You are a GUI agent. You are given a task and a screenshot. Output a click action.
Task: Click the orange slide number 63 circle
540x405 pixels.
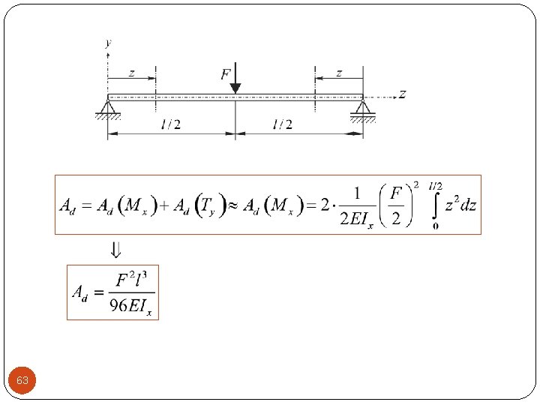pos(22,380)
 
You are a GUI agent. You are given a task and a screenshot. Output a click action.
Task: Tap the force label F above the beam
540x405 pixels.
pos(226,74)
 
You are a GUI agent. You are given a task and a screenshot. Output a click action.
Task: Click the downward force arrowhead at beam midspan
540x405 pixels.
pos(235,88)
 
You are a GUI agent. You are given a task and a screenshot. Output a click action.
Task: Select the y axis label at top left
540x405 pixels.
pos(109,43)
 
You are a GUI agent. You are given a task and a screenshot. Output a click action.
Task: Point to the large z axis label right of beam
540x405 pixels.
pos(402,94)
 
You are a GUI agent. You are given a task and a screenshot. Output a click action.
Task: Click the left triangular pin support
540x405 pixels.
pos(108,109)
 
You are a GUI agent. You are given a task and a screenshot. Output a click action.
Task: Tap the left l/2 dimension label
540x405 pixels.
pos(171,124)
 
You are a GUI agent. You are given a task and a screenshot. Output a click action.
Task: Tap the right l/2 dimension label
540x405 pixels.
pos(283,124)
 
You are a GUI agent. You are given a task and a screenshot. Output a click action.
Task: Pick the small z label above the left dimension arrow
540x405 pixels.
pos(132,73)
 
